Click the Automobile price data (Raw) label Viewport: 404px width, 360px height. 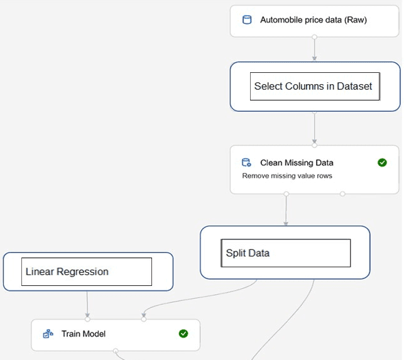[x=314, y=20]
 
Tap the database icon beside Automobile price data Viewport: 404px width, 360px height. [x=247, y=20]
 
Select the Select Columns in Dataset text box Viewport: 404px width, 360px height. [x=315, y=86]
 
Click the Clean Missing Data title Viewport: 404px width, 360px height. [x=297, y=163]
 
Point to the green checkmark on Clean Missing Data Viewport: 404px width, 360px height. [x=382, y=162]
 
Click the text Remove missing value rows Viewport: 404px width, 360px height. [x=287, y=176]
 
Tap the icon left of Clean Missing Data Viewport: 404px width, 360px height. [x=246, y=162]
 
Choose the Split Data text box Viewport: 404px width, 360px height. [x=285, y=253]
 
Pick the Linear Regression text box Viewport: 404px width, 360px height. [x=87, y=271]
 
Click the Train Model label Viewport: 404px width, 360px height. [x=84, y=334]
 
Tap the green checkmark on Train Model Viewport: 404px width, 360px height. [x=183, y=334]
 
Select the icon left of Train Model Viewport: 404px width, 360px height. [x=48, y=334]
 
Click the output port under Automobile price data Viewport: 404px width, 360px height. [x=314, y=37]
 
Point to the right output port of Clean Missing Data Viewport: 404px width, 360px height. [x=342, y=194]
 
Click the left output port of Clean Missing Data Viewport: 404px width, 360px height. [x=287, y=194]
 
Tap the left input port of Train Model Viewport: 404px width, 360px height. [x=87, y=319]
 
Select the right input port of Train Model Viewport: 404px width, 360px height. [x=144, y=319]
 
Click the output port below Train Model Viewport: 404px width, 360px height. [x=116, y=351]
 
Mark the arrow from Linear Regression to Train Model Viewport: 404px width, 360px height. [x=87, y=304]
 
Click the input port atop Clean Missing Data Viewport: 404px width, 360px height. [x=314, y=145]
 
